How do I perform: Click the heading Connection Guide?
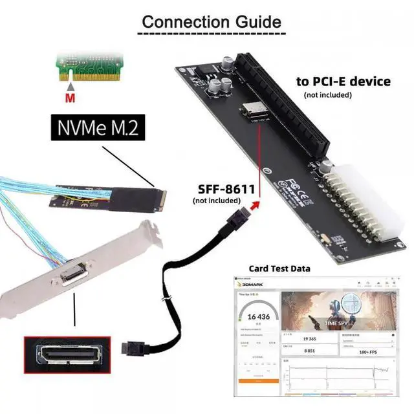click(x=212, y=21)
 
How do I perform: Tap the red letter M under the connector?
click(x=71, y=99)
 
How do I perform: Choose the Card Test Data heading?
click(x=279, y=268)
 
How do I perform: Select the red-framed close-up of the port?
click(x=66, y=360)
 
